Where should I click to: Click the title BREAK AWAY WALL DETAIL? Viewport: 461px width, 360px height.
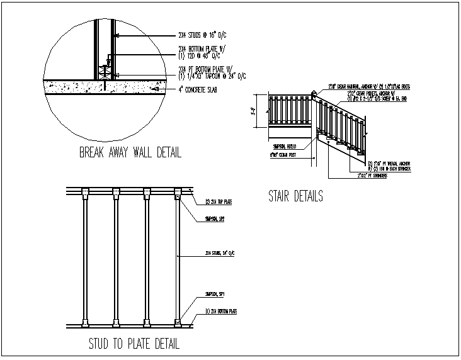[130, 152]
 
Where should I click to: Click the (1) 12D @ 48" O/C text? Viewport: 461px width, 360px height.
[203, 55]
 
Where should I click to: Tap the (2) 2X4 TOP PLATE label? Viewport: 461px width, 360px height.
[220, 202]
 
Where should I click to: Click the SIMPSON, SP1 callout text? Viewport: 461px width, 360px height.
[215, 294]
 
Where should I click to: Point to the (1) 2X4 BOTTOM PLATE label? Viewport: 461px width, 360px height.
[222, 311]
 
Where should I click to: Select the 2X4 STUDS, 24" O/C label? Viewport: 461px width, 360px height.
[219, 253]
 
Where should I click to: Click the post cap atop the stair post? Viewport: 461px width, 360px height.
[313, 94]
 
